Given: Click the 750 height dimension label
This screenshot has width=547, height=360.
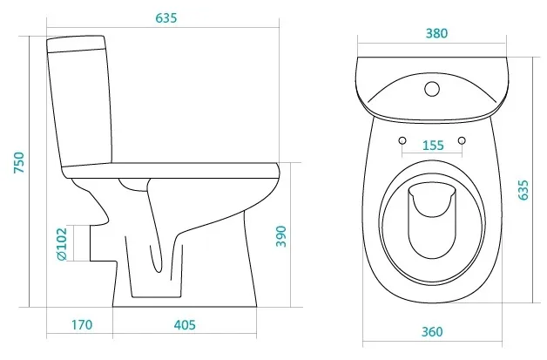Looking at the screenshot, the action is click(19, 162).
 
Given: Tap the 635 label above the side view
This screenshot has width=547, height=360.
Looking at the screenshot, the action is click(166, 17).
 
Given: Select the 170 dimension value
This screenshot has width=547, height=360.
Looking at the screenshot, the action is click(82, 325).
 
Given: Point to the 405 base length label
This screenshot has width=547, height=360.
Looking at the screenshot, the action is click(185, 325).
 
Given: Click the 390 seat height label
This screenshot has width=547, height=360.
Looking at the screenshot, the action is click(280, 236).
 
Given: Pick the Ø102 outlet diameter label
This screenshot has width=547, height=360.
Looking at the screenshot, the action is click(62, 244).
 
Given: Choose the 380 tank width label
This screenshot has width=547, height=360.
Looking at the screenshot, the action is click(436, 33).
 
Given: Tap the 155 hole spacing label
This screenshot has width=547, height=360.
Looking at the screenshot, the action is click(433, 145).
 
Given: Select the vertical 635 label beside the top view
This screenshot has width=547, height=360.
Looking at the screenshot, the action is click(523, 190).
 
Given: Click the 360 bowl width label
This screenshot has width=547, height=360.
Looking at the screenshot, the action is click(432, 331).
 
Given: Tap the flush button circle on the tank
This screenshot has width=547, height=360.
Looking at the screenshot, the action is click(432, 89).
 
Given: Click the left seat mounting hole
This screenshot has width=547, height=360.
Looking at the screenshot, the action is click(402, 140).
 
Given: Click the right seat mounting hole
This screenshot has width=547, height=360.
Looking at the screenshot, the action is click(462, 140).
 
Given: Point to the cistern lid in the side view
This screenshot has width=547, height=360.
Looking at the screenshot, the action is click(76, 44).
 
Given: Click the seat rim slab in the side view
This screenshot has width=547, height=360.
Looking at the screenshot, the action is click(171, 171).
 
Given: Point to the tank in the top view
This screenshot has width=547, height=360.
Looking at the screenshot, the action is click(432, 90).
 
